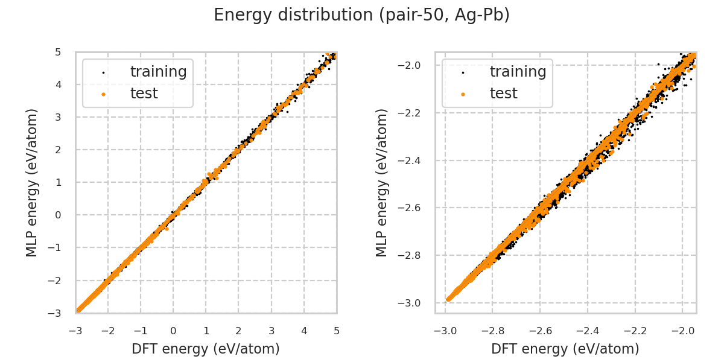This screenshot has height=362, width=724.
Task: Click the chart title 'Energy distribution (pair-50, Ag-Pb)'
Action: (361, 15)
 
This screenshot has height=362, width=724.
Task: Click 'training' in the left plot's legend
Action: (158, 72)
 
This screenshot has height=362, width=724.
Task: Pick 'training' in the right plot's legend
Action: (518, 72)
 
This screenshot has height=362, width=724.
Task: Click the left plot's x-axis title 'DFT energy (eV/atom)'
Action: (206, 349)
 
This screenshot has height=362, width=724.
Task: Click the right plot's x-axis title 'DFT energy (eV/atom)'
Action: (565, 349)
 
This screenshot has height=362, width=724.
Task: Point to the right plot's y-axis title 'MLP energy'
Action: (382, 182)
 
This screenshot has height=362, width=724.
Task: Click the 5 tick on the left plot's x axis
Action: (336, 331)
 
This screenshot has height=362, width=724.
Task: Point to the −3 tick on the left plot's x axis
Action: (75, 331)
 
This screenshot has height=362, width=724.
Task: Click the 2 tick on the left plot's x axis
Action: (238, 331)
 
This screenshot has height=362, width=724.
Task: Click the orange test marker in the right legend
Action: (463, 94)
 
